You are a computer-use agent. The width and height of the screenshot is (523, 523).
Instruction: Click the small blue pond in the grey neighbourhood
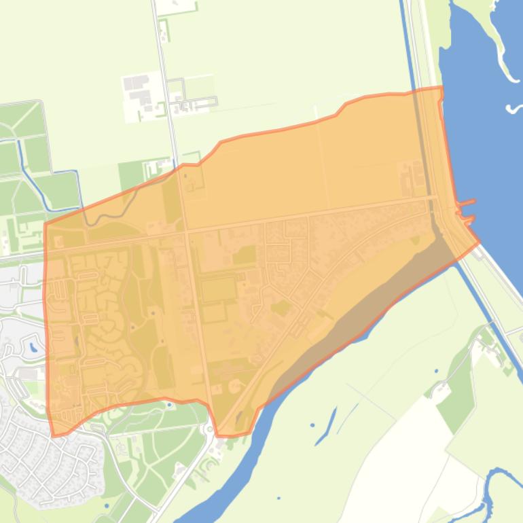coord(33,348)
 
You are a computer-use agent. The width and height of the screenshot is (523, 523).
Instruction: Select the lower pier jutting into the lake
coord(468,219)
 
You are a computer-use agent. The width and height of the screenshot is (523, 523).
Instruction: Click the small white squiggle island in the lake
coord(514,107)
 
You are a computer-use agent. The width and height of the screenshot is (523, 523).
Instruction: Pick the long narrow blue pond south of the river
coord(325,427)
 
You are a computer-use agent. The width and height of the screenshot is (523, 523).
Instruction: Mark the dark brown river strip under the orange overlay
coord(353,326)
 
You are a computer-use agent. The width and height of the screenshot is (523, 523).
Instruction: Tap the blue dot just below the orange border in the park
coord(169,405)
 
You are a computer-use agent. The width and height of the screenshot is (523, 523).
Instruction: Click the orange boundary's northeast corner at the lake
coord(441,88)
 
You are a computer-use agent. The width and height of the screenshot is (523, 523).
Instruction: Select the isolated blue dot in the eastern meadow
coord(436,372)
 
